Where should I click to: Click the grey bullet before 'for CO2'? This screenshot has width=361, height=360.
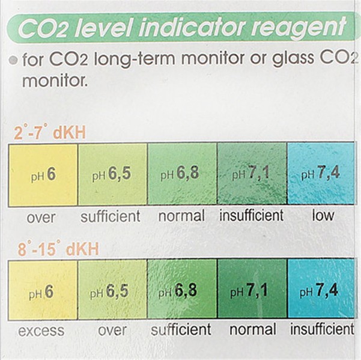tap(13, 60)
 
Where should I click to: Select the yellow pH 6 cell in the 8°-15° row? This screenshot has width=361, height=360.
tap(41, 291)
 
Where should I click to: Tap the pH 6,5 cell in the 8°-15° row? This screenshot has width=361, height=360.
tap(112, 291)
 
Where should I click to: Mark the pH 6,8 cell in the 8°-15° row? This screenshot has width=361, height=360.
tap(181, 291)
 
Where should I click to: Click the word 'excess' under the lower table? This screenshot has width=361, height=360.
tap(41, 331)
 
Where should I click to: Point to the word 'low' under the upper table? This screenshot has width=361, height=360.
tap(323, 216)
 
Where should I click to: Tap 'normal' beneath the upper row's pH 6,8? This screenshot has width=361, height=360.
tap(181, 216)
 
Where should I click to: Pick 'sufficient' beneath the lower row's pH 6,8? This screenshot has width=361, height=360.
tap(181, 330)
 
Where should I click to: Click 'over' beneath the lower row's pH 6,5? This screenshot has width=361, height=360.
tap(112, 331)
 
